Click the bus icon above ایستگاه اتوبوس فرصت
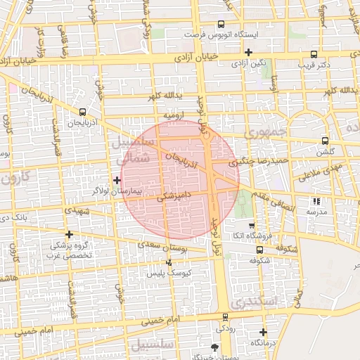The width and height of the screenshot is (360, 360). (221, 24)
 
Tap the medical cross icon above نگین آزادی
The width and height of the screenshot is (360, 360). (248, 52)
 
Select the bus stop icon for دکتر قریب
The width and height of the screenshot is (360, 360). (314, 54)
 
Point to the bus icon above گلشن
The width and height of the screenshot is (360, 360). (324, 141)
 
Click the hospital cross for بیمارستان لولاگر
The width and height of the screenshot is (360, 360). (117, 181)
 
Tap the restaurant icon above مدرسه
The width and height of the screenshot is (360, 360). (314, 201)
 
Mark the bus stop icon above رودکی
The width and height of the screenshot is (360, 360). (225, 318)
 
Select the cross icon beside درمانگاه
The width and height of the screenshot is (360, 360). (263, 332)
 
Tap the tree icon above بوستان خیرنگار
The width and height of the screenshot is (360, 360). (215, 347)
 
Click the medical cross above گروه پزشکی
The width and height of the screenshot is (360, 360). (69, 235)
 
